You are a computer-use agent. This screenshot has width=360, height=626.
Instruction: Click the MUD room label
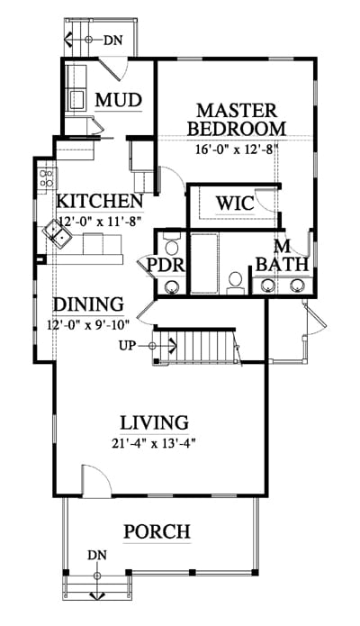coord(119,100)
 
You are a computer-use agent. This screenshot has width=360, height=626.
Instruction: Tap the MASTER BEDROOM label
coord(237,120)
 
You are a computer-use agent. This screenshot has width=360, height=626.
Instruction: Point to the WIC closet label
coord(235,204)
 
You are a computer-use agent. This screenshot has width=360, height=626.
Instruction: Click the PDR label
coord(166,265)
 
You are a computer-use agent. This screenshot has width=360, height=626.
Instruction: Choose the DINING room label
coord(88,304)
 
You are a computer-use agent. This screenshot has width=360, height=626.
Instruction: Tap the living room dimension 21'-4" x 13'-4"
coord(155,443)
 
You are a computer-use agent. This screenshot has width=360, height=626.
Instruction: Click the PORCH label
coord(157,531)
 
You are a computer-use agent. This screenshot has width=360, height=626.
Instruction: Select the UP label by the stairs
coord(127,345)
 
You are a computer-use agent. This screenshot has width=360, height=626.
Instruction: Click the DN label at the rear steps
coord(112,40)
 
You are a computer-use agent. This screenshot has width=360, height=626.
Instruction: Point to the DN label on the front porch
coord(97,555)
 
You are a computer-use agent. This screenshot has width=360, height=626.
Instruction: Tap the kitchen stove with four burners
coord(47,178)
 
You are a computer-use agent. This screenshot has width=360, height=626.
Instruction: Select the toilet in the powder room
coord(173,244)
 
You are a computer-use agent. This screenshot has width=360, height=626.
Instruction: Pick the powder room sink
coord(173,286)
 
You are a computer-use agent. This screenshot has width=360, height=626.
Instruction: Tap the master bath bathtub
coord(204,263)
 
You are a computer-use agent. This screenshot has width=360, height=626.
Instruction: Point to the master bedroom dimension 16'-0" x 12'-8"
coord(237,150)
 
